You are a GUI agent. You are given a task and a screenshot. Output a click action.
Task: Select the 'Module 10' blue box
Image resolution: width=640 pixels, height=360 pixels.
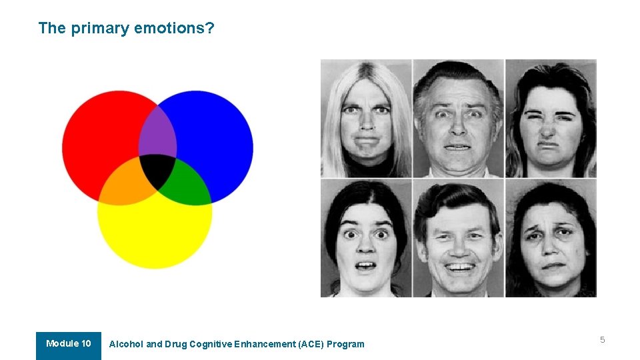point(69,345)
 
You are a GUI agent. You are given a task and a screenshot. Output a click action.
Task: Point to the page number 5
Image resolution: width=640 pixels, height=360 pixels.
point(602,340)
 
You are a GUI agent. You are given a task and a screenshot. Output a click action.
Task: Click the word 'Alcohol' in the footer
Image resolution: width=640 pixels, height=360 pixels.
point(126,345)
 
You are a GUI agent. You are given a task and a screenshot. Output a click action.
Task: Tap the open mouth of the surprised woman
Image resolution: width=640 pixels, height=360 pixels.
point(365,267)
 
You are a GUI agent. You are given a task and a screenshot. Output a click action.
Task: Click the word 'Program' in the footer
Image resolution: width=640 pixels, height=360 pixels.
point(347,345)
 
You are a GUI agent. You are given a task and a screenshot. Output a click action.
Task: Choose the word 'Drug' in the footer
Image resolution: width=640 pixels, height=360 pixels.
point(176,345)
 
